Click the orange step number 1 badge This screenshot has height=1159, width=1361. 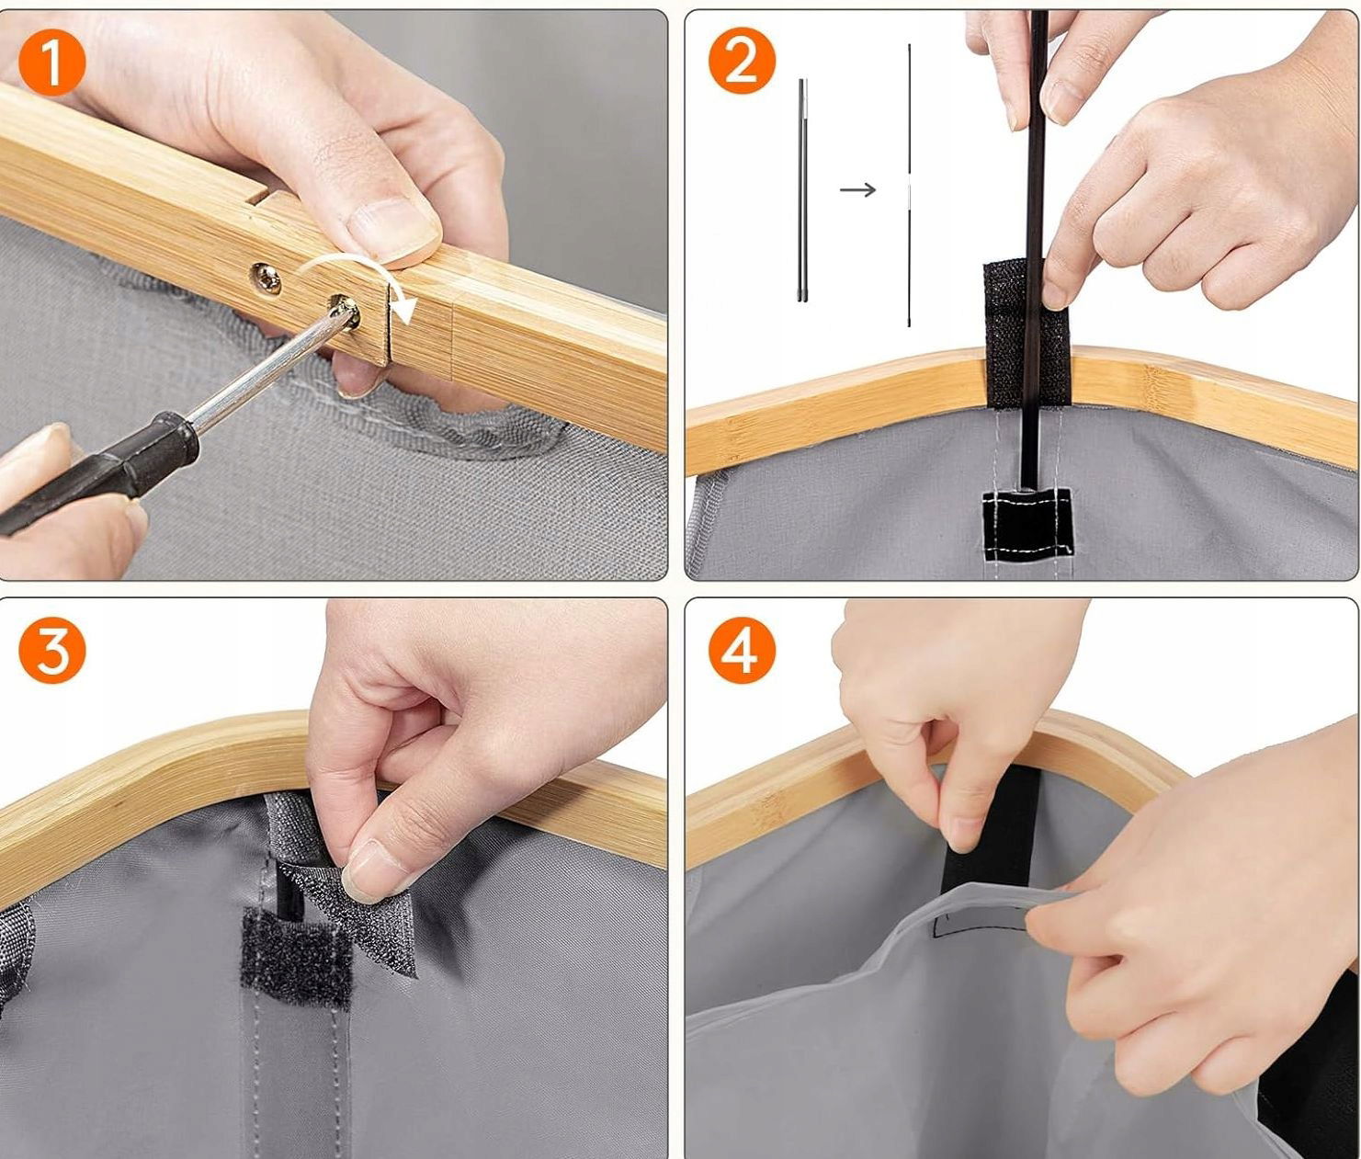pos(52,63)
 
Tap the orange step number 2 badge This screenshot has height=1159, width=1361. pos(742,63)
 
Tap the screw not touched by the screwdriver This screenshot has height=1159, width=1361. pos(266,279)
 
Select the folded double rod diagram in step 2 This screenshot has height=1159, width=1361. pos(803,190)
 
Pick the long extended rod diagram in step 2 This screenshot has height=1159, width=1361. pos(909,185)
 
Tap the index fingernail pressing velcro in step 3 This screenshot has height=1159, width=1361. pos(369,873)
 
